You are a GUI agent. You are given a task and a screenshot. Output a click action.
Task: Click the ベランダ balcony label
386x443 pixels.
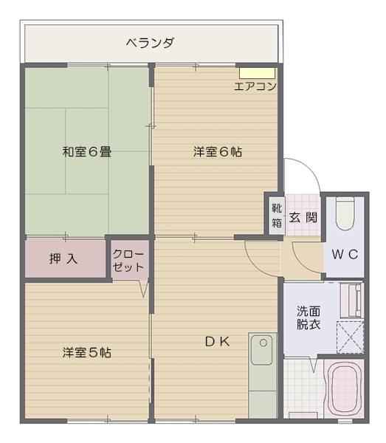[x=150, y=43]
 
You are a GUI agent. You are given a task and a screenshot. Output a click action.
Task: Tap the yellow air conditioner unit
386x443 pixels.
[x=257, y=73]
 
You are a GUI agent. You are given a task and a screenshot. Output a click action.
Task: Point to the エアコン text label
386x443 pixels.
[x=255, y=86]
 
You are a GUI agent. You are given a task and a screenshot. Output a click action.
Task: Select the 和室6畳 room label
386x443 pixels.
[x=86, y=151]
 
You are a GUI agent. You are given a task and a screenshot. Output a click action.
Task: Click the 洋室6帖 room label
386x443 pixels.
[x=218, y=151]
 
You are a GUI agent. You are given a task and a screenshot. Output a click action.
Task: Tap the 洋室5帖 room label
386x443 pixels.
[x=86, y=352]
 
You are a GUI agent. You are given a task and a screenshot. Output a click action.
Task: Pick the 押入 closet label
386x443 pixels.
[x=63, y=258]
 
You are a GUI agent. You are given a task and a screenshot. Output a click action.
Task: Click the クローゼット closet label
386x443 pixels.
[x=128, y=261]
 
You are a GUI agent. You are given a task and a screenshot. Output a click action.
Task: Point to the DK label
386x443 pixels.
[x=217, y=342]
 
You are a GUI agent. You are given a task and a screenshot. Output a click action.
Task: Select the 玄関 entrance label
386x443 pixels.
[x=303, y=217]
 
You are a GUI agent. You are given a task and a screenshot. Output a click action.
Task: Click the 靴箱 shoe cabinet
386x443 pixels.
[x=277, y=216]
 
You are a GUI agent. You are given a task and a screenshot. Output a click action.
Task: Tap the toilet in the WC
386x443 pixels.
[x=345, y=214]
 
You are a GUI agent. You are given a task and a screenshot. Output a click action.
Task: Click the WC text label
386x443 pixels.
[x=345, y=255]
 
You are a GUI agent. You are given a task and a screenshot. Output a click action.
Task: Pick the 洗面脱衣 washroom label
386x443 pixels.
[x=309, y=317]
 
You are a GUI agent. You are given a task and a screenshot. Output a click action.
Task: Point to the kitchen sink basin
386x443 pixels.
[x=262, y=350]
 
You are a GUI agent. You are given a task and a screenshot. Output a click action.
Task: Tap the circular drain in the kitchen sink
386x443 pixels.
[x=263, y=343]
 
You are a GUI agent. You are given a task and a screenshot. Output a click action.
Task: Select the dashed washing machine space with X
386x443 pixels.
[x=350, y=337]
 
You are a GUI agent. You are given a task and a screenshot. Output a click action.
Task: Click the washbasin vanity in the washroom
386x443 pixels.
[x=351, y=301]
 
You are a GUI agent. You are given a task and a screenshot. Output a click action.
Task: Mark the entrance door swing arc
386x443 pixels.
[x=311, y=167]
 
